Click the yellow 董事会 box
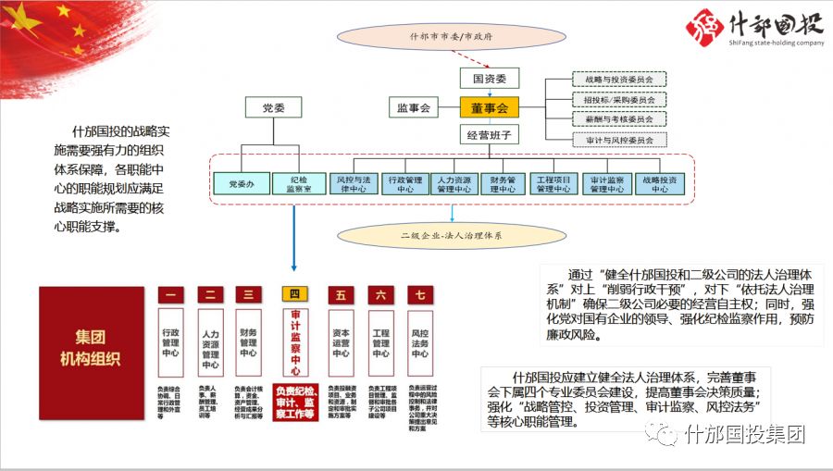tap(490, 108)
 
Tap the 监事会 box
tap(415, 108)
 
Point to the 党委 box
tap(274, 107)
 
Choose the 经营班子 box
tap(490, 135)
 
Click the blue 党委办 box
tap(241, 182)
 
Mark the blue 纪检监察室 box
tap(298, 182)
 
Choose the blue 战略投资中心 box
tap(659, 182)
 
